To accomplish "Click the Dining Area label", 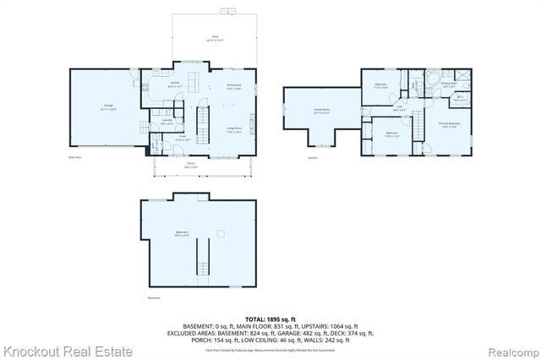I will [x=233, y=87].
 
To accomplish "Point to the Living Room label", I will [x=234, y=129].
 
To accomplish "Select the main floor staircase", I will [x=203, y=123].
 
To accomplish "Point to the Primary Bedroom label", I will [x=448, y=125].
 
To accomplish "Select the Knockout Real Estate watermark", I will [x=67, y=350].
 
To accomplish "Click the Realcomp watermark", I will [x=511, y=350].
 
